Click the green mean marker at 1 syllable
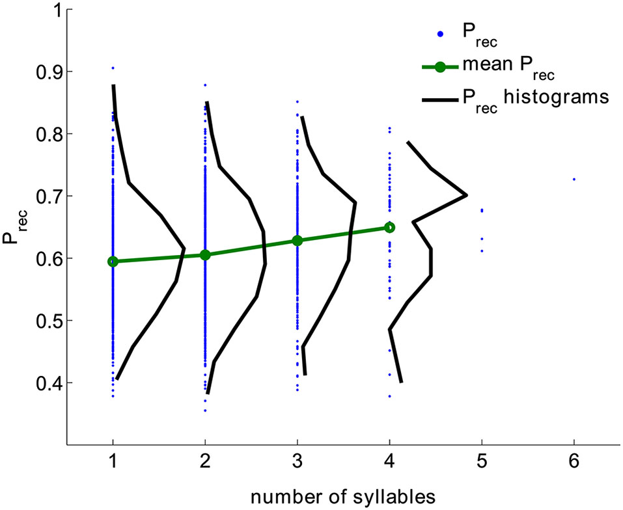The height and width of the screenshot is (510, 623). pyautogui.click(x=113, y=262)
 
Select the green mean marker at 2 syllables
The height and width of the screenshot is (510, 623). pyautogui.click(x=205, y=255)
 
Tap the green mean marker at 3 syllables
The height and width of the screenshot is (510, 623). pyautogui.click(x=298, y=241)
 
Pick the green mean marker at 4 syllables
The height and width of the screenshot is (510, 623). pyautogui.click(x=389, y=228)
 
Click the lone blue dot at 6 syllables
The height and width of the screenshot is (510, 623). pyautogui.click(x=574, y=179)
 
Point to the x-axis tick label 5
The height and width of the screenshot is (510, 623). pyautogui.click(x=482, y=463)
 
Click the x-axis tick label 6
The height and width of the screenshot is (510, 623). pyautogui.click(x=574, y=463)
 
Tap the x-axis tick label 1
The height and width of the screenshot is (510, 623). pyautogui.click(x=113, y=463)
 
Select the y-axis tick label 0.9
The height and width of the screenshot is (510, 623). pyautogui.click(x=42, y=72)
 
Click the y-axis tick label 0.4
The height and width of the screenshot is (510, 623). pyautogui.click(x=42, y=383)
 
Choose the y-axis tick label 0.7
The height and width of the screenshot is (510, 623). pyautogui.click(x=42, y=196)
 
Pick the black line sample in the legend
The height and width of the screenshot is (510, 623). pyautogui.click(x=441, y=98)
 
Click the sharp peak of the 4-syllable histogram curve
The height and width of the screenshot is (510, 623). pyautogui.click(x=466, y=195)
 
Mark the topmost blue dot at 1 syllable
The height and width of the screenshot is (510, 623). pyautogui.click(x=113, y=68)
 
